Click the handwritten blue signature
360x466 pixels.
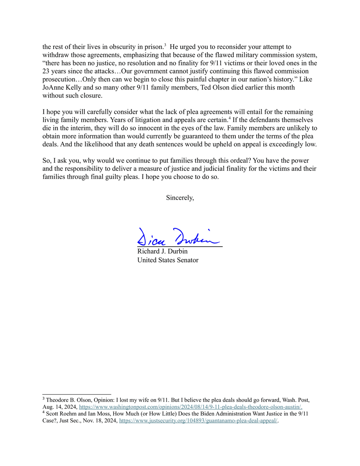[x=178, y=236]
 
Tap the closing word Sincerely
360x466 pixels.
[x=180, y=198]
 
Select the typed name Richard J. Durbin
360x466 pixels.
[x=162, y=251]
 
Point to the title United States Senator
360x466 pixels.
[x=168, y=260]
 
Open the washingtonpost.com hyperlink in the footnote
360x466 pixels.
[x=190, y=407]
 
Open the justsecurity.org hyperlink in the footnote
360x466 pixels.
[x=198, y=421]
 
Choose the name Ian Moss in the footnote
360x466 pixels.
[x=101, y=414]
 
